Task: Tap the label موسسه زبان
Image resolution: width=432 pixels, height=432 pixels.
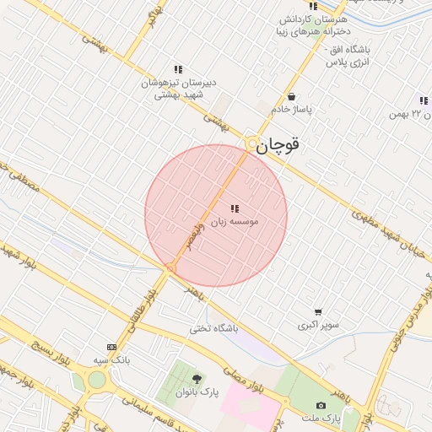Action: click(235, 220)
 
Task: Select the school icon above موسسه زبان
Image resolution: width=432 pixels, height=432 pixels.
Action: click(234, 208)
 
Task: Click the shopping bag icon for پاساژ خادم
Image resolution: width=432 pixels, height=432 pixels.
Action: click(291, 96)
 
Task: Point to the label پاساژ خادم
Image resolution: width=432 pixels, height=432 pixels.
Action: click(291, 110)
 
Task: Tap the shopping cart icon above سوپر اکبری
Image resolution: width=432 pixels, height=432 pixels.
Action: click(317, 312)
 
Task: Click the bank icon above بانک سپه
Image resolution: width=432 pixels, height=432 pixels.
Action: click(111, 347)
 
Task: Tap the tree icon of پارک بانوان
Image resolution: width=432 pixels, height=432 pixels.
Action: click(197, 379)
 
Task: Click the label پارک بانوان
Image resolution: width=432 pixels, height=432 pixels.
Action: click(197, 392)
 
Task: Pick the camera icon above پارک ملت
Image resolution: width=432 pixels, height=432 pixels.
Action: click(321, 405)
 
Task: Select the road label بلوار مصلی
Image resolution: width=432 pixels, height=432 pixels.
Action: click(244, 380)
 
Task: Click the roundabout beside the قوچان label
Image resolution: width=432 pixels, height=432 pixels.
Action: click(251, 144)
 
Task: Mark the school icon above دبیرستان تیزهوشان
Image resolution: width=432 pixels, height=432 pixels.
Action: click(178, 69)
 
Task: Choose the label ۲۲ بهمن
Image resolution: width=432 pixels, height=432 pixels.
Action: click(410, 113)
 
